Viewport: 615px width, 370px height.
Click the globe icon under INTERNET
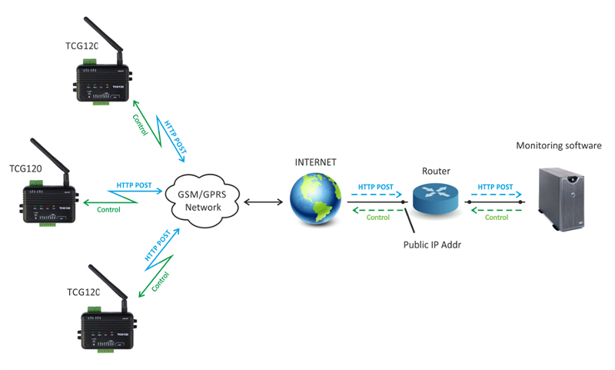(x=315, y=198)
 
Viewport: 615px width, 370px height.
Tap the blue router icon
(x=435, y=198)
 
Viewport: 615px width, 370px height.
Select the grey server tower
(x=561, y=198)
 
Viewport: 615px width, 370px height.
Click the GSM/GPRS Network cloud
(x=202, y=201)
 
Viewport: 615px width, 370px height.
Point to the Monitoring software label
(x=559, y=145)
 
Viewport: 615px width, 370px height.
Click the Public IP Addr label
(x=432, y=245)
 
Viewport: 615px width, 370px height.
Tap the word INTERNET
(x=315, y=162)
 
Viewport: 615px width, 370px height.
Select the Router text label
(x=436, y=171)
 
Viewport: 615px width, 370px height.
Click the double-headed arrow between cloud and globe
(x=263, y=202)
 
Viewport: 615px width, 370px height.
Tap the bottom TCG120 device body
(x=107, y=330)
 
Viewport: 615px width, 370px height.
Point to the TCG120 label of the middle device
(x=25, y=168)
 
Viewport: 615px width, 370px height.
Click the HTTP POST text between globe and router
(x=375, y=187)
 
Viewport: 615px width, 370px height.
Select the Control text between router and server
(x=497, y=218)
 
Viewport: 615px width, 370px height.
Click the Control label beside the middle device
(x=108, y=209)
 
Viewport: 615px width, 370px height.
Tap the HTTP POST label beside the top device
(x=175, y=137)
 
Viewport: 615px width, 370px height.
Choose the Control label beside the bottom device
(x=161, y=282)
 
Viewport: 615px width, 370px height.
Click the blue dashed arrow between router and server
(x=496, y=194)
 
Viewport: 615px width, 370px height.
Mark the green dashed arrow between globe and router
(x=378, y=210)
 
